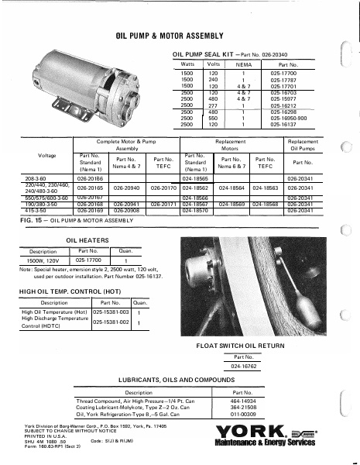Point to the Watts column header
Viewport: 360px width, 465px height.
[x=187, y=65]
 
